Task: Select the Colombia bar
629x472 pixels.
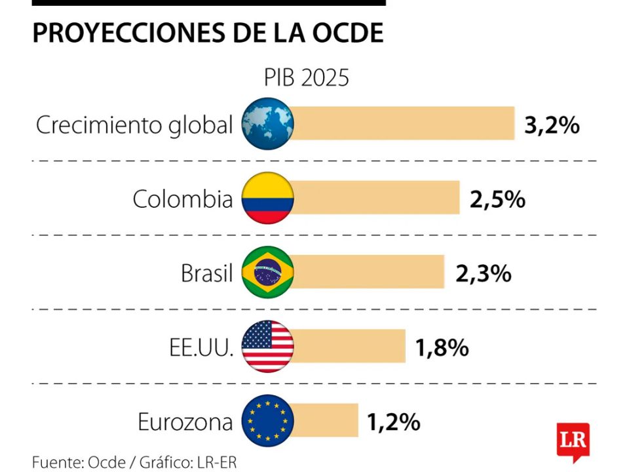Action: coord(375,198)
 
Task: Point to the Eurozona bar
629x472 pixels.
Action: coord(325,420)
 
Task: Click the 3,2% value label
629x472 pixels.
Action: coord(552,125)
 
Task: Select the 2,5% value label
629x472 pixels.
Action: coord(497,199)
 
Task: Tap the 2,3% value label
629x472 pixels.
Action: coord(483,273)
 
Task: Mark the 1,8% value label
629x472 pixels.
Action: coord(442,347)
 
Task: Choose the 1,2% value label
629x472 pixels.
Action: coord(393,422)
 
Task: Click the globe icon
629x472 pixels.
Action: coord(267,123)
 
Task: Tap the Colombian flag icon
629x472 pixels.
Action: coord(267,198)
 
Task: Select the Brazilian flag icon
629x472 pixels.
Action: coord(267,272)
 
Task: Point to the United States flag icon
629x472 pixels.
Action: coord(267,346)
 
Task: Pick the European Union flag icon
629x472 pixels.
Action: coord(267,420)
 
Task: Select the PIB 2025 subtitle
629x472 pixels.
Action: coord(307,77)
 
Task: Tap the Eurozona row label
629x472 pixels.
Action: coord(185,422)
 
